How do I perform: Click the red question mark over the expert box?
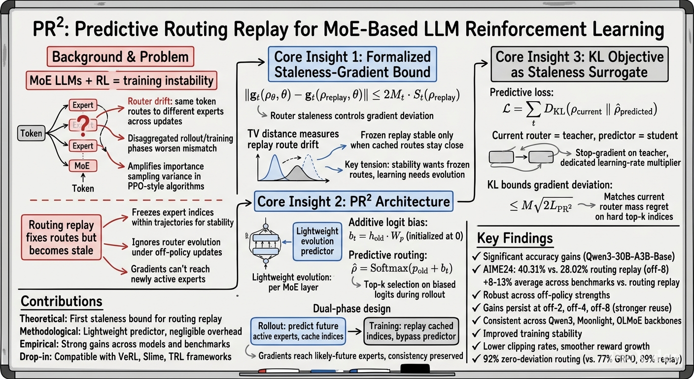[x=83, y=126]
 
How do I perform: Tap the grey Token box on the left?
[x=31, y=133]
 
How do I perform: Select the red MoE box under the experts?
[x=82, y=166]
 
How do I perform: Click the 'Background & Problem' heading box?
[x=120, y=56]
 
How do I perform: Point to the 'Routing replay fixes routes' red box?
[x=61, y=237]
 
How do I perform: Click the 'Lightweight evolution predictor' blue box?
[x=317, y=241]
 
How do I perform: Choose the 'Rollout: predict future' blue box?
[x=298, y=331]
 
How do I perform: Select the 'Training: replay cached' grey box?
[x=411, y=331]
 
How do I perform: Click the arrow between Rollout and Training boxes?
[x=354, y=331]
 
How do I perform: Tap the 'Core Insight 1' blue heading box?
[x=352, y=64]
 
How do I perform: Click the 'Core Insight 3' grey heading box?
[x=579, y=64]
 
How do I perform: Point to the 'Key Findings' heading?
[x=515, y=238]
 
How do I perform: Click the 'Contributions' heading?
[x=61, y=301]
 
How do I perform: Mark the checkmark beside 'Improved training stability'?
[x=476, y=334]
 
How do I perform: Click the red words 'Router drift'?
[x=149, y=102]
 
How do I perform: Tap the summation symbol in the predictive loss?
[x=533, y=110]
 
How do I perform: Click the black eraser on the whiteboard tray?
[x=415, y=369]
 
